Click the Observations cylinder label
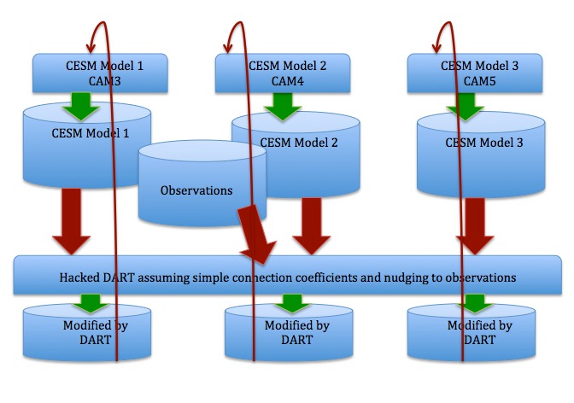(196, 190)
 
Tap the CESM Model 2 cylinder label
(298, 143)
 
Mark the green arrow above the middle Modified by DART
(292, 303)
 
